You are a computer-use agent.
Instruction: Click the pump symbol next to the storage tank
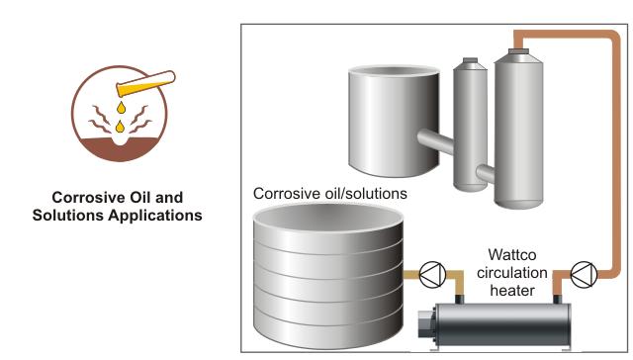tap(433, 271)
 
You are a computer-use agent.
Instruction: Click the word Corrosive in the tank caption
tap(288, 194)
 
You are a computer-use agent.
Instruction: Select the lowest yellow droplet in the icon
tap(120, 127)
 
